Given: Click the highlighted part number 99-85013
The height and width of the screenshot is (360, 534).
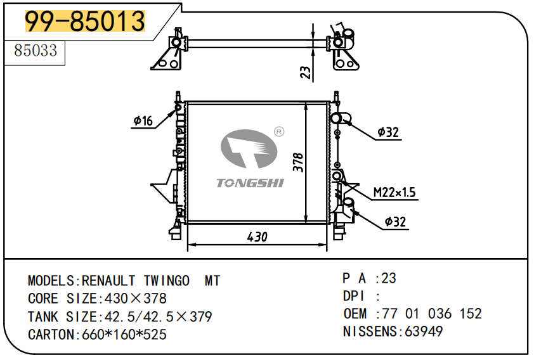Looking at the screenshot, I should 85,22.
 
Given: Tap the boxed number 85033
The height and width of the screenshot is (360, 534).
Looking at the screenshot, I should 36,51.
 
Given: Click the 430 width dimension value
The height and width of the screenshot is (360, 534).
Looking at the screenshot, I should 257,236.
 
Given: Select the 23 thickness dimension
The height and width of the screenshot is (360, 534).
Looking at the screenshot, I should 306,72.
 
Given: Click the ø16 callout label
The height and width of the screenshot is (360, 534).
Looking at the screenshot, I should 143,121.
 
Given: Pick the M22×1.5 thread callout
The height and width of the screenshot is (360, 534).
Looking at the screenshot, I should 394,192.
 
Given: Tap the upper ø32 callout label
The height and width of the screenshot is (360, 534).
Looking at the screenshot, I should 387,132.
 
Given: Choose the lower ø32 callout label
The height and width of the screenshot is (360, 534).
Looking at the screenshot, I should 395,222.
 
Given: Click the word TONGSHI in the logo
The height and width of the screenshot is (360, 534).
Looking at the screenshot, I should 251,183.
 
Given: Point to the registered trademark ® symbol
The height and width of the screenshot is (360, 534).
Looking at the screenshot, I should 278,132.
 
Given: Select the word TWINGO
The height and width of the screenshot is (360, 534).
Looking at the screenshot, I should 166,280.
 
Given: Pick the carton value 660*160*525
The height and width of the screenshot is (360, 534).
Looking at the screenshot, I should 124,334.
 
